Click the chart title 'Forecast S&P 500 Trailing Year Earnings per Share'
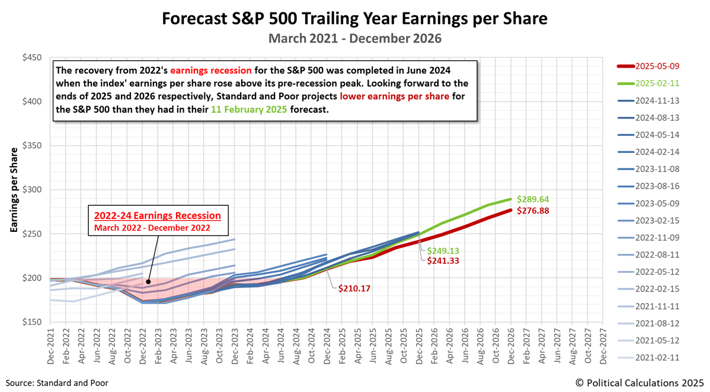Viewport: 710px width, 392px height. tap(354, 18)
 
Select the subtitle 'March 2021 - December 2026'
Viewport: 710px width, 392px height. tap(354, 39)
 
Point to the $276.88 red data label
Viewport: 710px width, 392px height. tap(535, 211)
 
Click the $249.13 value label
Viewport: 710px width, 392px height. tap(443, 251)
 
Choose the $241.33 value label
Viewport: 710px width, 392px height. tap(443, 260)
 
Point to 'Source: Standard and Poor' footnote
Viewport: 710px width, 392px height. tap(57, 383)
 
